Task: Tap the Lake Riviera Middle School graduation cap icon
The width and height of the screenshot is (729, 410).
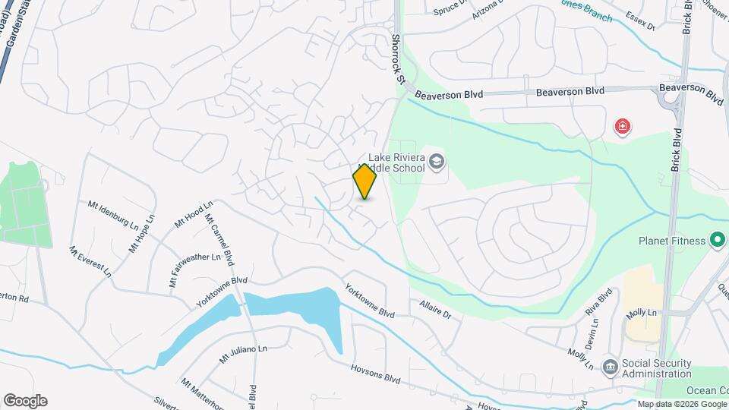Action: coord(437,161)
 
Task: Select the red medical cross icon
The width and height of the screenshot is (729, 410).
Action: coord(623,126)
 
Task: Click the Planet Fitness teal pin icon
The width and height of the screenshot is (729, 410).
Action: coord(718,241)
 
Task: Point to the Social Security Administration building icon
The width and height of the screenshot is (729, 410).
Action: coord(610,367)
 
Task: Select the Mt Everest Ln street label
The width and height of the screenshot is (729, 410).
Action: coord(90,260)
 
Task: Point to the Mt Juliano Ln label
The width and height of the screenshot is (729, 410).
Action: coord(244,353)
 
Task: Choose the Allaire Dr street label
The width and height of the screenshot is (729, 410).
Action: coord(435,308)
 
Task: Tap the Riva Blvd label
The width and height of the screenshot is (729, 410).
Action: coord(598,302)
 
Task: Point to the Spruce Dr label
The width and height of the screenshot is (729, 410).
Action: coord(448,8)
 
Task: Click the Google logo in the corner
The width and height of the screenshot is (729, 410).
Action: coord(25,401)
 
